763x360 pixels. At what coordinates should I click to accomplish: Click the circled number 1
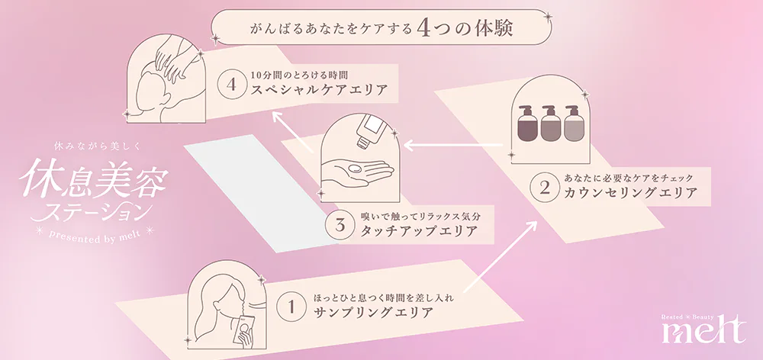pyautogui.click(x=290, y=307)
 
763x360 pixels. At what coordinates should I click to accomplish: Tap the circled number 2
pyautogui.click(x=544, y=188)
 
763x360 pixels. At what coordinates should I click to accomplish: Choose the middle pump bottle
pyautogui.click(x=550, y=124)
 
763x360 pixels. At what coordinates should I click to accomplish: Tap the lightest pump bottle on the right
pyautogui.click(x=572, y=124)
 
